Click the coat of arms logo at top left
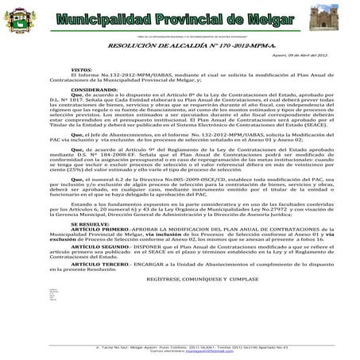(21, 23)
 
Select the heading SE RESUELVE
(90, 225)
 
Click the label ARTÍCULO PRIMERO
(101, 230)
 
